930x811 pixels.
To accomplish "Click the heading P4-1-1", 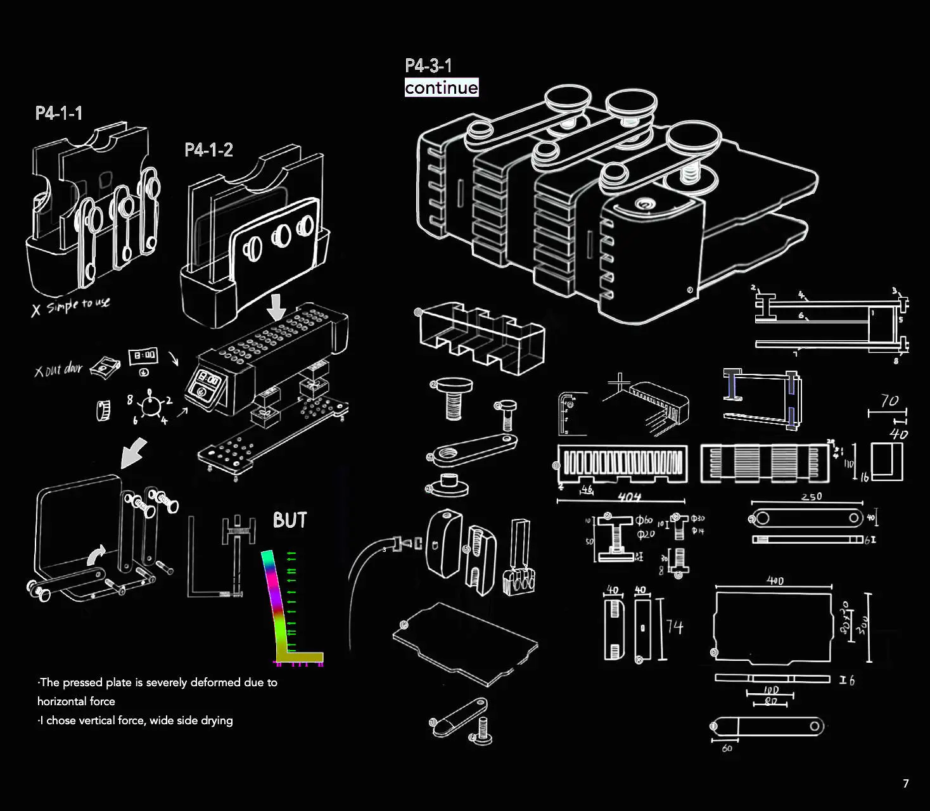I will tap(59, 113).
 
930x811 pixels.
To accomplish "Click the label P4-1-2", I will tap(208, 150).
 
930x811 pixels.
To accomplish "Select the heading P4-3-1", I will tap(428, 66).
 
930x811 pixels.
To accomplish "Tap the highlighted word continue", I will tap(442, 87).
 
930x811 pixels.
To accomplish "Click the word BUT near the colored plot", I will tap(290, 520).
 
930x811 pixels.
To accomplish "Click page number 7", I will tap(905, 784).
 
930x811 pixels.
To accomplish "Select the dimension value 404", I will tap(629, 497).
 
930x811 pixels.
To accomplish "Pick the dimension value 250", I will tap(811, 497).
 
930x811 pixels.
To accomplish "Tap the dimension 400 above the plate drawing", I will tap(775, 580).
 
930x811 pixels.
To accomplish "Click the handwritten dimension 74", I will tap(675, 627).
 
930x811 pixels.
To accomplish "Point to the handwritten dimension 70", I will tap(889, 400).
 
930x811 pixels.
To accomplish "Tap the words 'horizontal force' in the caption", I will tap(76, 701).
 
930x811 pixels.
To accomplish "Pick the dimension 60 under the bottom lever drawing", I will tap(727, 748).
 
